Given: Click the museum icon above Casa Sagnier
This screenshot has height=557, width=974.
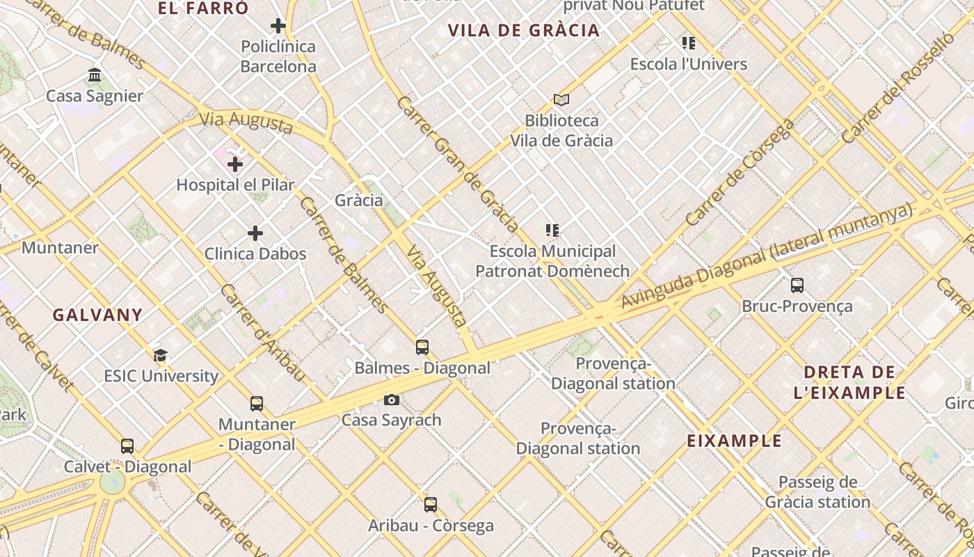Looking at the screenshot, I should (95, 74).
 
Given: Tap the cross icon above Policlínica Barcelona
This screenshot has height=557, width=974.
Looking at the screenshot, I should (278, 26).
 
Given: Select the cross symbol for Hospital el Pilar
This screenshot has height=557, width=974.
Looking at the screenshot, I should (235, 164).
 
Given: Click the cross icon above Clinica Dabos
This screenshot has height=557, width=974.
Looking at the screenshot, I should (255, 233).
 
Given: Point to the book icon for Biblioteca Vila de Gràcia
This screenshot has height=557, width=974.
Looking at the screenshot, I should (561, 100).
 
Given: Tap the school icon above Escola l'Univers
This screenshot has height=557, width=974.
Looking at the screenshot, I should (689, 43).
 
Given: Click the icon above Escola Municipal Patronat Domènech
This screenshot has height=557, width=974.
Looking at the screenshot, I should (552, 230).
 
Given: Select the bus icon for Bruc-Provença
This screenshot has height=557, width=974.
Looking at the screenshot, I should (797, 285).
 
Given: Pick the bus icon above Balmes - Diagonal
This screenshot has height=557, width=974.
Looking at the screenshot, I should (422, 347).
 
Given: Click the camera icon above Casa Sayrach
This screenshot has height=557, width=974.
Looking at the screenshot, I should (392, 400).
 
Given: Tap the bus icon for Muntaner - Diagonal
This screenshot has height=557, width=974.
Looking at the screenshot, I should (257, 403).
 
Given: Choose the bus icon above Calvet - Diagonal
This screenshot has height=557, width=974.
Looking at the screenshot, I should (127, 446).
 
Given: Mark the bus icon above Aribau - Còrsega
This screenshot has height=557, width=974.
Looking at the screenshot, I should (431, 504).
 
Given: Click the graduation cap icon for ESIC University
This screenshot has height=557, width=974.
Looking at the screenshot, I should (161, 355).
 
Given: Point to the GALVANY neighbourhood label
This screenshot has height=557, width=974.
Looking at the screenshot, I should (97, 315).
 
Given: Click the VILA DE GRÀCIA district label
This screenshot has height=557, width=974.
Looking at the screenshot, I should (524, 31).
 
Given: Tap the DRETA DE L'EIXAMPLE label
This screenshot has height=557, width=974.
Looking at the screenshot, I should (849, 382).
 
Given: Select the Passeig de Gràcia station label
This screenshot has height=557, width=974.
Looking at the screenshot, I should (817, 492).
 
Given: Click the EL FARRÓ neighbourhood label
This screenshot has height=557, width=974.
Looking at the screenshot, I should (203, 8).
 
